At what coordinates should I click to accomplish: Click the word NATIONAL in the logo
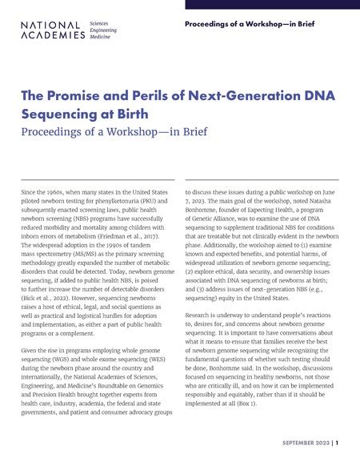[x=50, y=26]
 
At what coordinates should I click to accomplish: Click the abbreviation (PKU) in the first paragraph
[x=162, y=203]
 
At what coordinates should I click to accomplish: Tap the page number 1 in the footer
[x=337, y=442]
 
